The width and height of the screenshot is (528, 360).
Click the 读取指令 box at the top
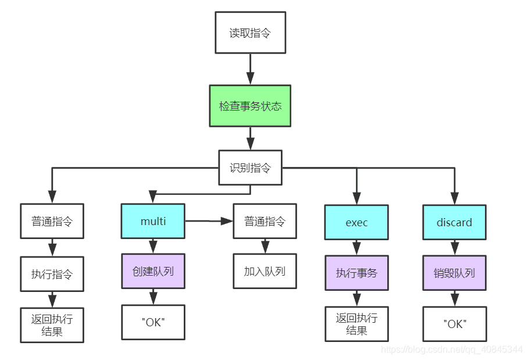(x=250, y=33)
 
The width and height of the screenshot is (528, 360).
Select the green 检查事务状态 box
(x=250, y=106)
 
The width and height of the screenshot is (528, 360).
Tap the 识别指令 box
(x=250, y=168)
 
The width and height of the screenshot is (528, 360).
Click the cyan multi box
(x=153, y=221)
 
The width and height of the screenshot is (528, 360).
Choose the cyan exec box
(x=356, y=222)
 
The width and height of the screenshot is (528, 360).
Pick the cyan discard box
(x=454, y=222)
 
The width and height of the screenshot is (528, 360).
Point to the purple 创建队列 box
(x=153, y=271)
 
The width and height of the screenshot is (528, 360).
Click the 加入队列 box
(x=265, y=271)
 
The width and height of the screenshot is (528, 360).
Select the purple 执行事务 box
(x=356, y=273)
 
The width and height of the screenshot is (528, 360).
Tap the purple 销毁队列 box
(x=454, y=273)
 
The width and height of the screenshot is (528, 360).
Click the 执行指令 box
(x=52, y=273)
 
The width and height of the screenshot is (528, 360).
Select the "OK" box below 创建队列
(x=153, y=322)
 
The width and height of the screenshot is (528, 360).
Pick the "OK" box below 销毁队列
(x=454, y=324)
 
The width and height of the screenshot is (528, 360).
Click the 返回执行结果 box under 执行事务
(x=356, y=324)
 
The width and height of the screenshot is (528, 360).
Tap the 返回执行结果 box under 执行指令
(x=52, y=325)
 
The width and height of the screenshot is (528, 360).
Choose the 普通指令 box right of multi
(x=265, y=221)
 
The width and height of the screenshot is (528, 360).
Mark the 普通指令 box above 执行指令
(x=52, y=221)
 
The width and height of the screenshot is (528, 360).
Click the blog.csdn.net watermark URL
(x=451, y=349)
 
